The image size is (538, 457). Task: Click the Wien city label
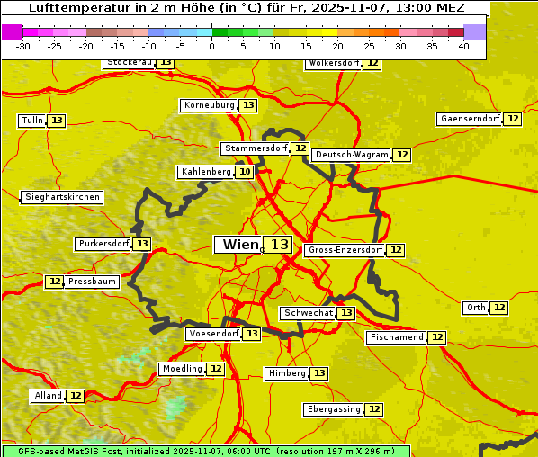239,245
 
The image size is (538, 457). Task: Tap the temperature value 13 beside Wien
280,245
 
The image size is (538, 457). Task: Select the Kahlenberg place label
206,172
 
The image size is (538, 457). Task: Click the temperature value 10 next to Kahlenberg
245,172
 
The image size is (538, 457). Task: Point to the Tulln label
31,121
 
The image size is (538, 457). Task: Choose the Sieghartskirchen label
61,197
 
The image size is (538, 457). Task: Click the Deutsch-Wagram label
352,155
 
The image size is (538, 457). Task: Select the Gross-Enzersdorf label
345,250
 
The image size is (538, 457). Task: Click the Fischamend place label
396,337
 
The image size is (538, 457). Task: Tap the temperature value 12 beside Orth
499,308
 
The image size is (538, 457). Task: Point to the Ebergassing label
334,409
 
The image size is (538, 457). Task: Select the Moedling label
183,369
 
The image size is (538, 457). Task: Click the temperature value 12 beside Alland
76,396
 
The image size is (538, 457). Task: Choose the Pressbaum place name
92,282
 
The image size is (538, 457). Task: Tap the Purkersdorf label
103,244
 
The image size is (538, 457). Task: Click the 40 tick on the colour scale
463,46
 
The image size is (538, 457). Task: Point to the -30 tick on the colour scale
23,46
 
